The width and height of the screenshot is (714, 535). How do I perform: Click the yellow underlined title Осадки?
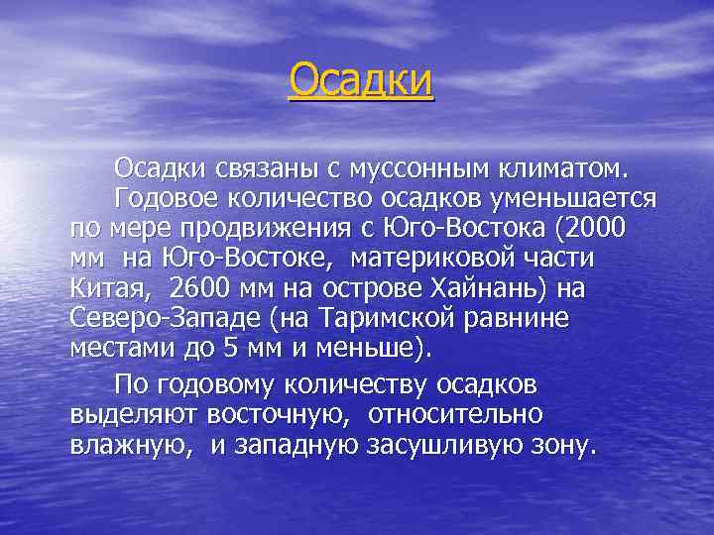pyautogui.click(x=361, y=81)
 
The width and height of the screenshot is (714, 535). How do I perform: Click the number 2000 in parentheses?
pyautogui.click(x=595, y=228)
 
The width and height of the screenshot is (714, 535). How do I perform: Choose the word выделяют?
pyautogui.click(x=133, y=414)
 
